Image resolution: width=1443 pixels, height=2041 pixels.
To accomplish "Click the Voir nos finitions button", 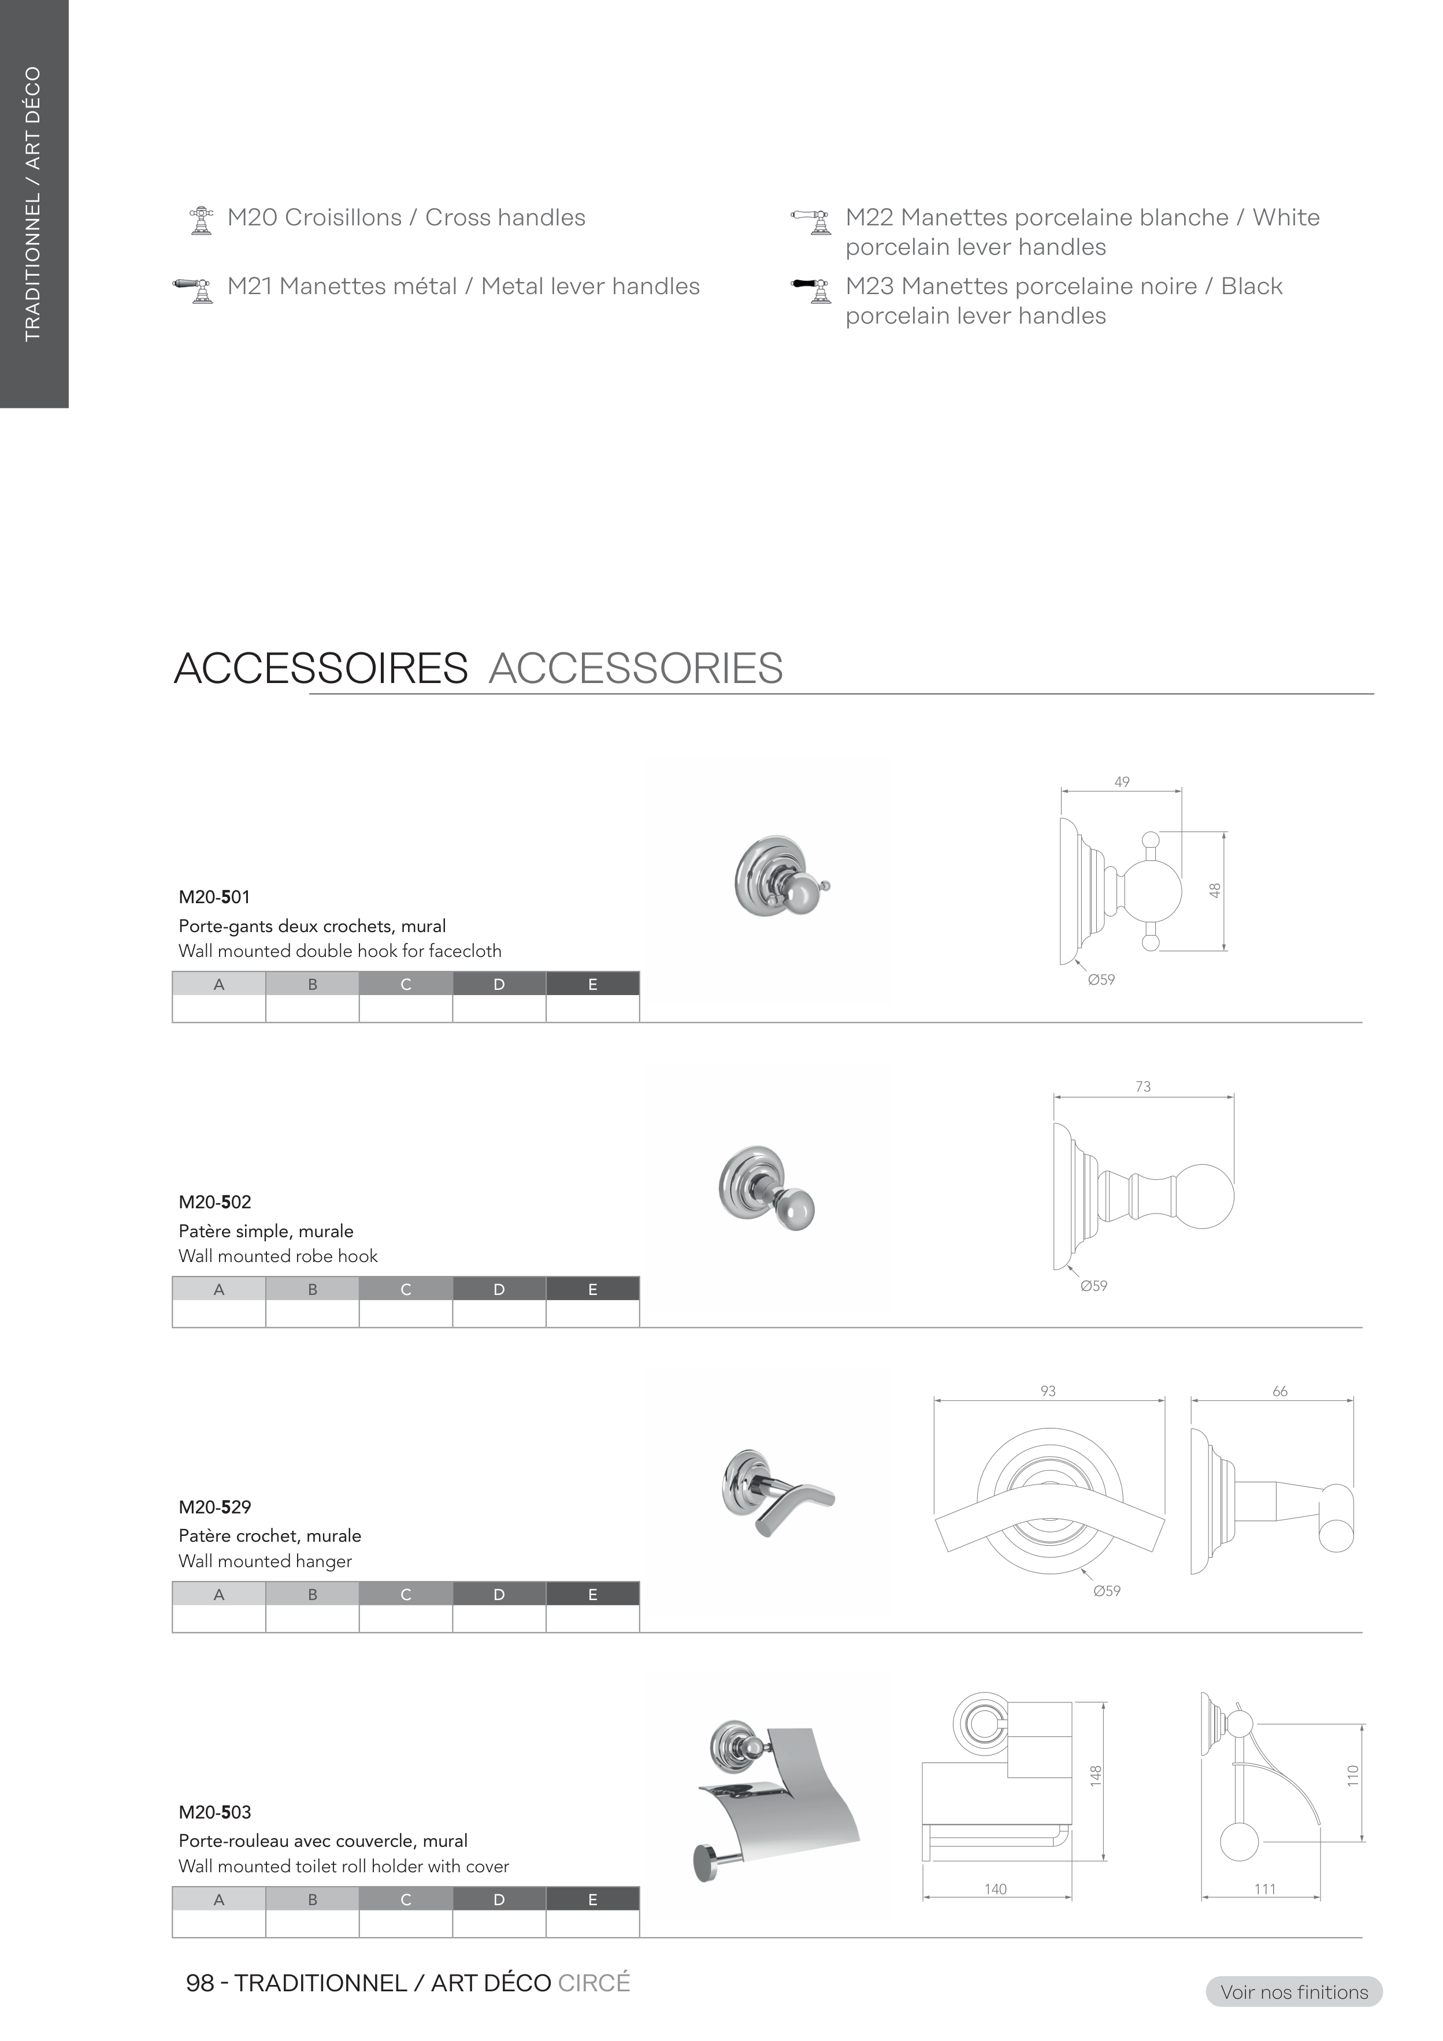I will [x=1294, y=1992].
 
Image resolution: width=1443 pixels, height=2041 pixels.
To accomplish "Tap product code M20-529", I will [x=214, y=1506].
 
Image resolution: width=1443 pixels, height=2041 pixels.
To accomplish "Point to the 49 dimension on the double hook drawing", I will [x=1122, y=782].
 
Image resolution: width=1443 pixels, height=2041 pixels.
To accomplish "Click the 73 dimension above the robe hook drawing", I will [x=1144, y=1086].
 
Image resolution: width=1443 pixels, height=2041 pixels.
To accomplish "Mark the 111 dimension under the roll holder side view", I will [x=1265, y=1889].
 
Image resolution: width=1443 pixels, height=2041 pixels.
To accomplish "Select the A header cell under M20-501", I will [x=218, y=984].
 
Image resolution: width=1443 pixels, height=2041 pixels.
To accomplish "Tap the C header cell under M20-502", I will [x=406, y=1289].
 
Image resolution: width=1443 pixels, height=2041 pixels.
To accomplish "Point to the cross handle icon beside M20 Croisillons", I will [x=202, y=220].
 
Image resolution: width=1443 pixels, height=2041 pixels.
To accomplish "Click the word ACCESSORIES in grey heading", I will [x=636, y=669].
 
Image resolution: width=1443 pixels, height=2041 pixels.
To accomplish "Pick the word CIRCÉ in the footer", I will [x=594, y=1983].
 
